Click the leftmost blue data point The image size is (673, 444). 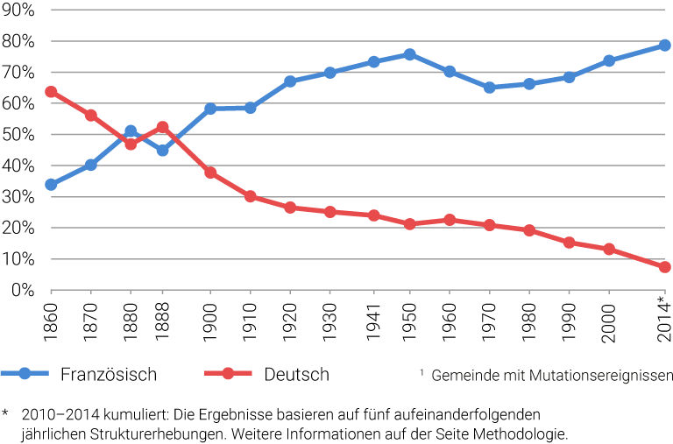51,185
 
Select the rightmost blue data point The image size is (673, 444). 664,45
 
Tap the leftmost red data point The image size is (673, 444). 51,91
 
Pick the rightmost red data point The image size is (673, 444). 664,267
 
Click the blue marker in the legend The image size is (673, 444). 25,374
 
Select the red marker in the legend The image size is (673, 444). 228,374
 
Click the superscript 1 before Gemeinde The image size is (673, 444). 422,373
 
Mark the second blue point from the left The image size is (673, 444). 90,165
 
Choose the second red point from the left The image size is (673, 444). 90,115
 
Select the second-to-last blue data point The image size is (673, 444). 609,60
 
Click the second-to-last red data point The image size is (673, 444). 609,250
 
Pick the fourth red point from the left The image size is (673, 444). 162,127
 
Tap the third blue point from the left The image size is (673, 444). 131,131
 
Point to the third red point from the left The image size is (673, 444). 131,144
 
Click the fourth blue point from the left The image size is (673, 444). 162,151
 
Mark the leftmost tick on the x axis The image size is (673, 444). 51,292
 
